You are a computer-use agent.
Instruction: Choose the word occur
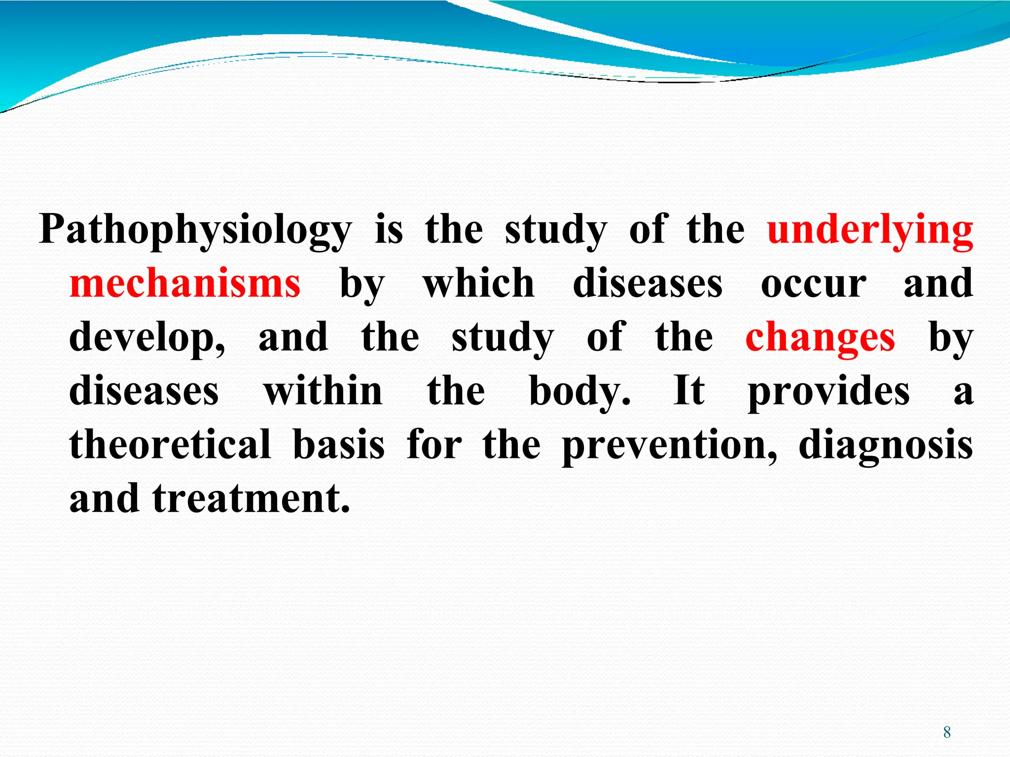tap(813, 285)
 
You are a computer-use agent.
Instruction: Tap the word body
tap(579, 392)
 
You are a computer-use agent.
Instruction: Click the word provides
tap(829, 392)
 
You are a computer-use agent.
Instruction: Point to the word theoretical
tap(170, 445)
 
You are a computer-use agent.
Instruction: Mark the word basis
tap(338, 445)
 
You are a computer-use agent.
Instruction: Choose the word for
tap(434, 445)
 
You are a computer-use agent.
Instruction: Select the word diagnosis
tap(886, 446)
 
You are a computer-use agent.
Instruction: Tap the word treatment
tap(251, 499)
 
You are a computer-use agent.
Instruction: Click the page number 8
tap(947, 732)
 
